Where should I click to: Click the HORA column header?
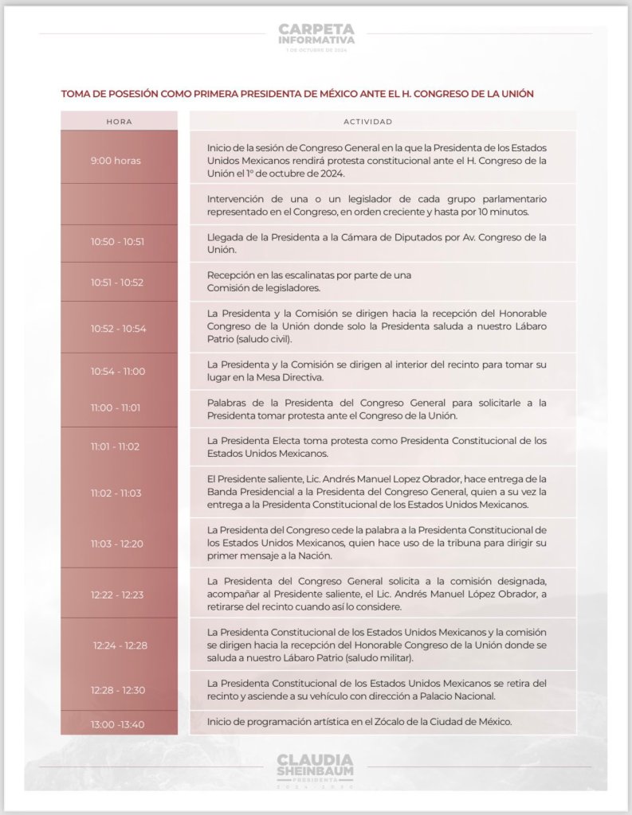pyautogui.click(x=119, y=122)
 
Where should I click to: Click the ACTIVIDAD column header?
pyautogui.click(x=367, y=122)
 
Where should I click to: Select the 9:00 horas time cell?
pyautogui.click(x=116, y=160)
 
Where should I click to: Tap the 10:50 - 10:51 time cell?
pyautogui.click(x=118, y=242)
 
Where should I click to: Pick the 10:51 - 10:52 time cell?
pyautogui.click(x=118, y=282)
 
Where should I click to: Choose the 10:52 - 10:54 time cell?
pyautogui.click(x=118, y=328)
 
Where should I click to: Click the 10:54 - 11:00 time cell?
pyautogui.click(x=118, y=371)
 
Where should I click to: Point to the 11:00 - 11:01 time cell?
pyautogui.click(x=116, y=407)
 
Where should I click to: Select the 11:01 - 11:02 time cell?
pyautogui.click(x=116, y=446)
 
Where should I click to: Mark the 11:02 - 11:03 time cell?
pyautogui.click(x=116, y=493)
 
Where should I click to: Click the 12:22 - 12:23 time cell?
pyautogui.click(x=118, y=594)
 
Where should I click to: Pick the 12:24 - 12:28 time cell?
pyautogui.click(x=120, y=645)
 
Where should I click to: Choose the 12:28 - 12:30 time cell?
pyautogui.click(x=118, y=690)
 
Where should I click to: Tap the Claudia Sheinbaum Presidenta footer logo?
pyautogui.click(x=316, y=769)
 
